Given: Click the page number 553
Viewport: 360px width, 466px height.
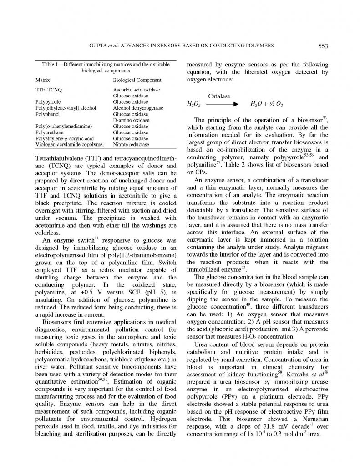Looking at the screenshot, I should click(x=323, y=46).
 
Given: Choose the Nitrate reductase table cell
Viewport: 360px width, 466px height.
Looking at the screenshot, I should click(x=131, y=144).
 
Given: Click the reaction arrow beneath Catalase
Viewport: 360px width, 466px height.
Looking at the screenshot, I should click(x=222, y=104).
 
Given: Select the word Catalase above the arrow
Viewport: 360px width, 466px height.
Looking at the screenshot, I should click(x=219, y=96).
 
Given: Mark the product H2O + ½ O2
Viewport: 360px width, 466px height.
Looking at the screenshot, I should click(x=267, y=105).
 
